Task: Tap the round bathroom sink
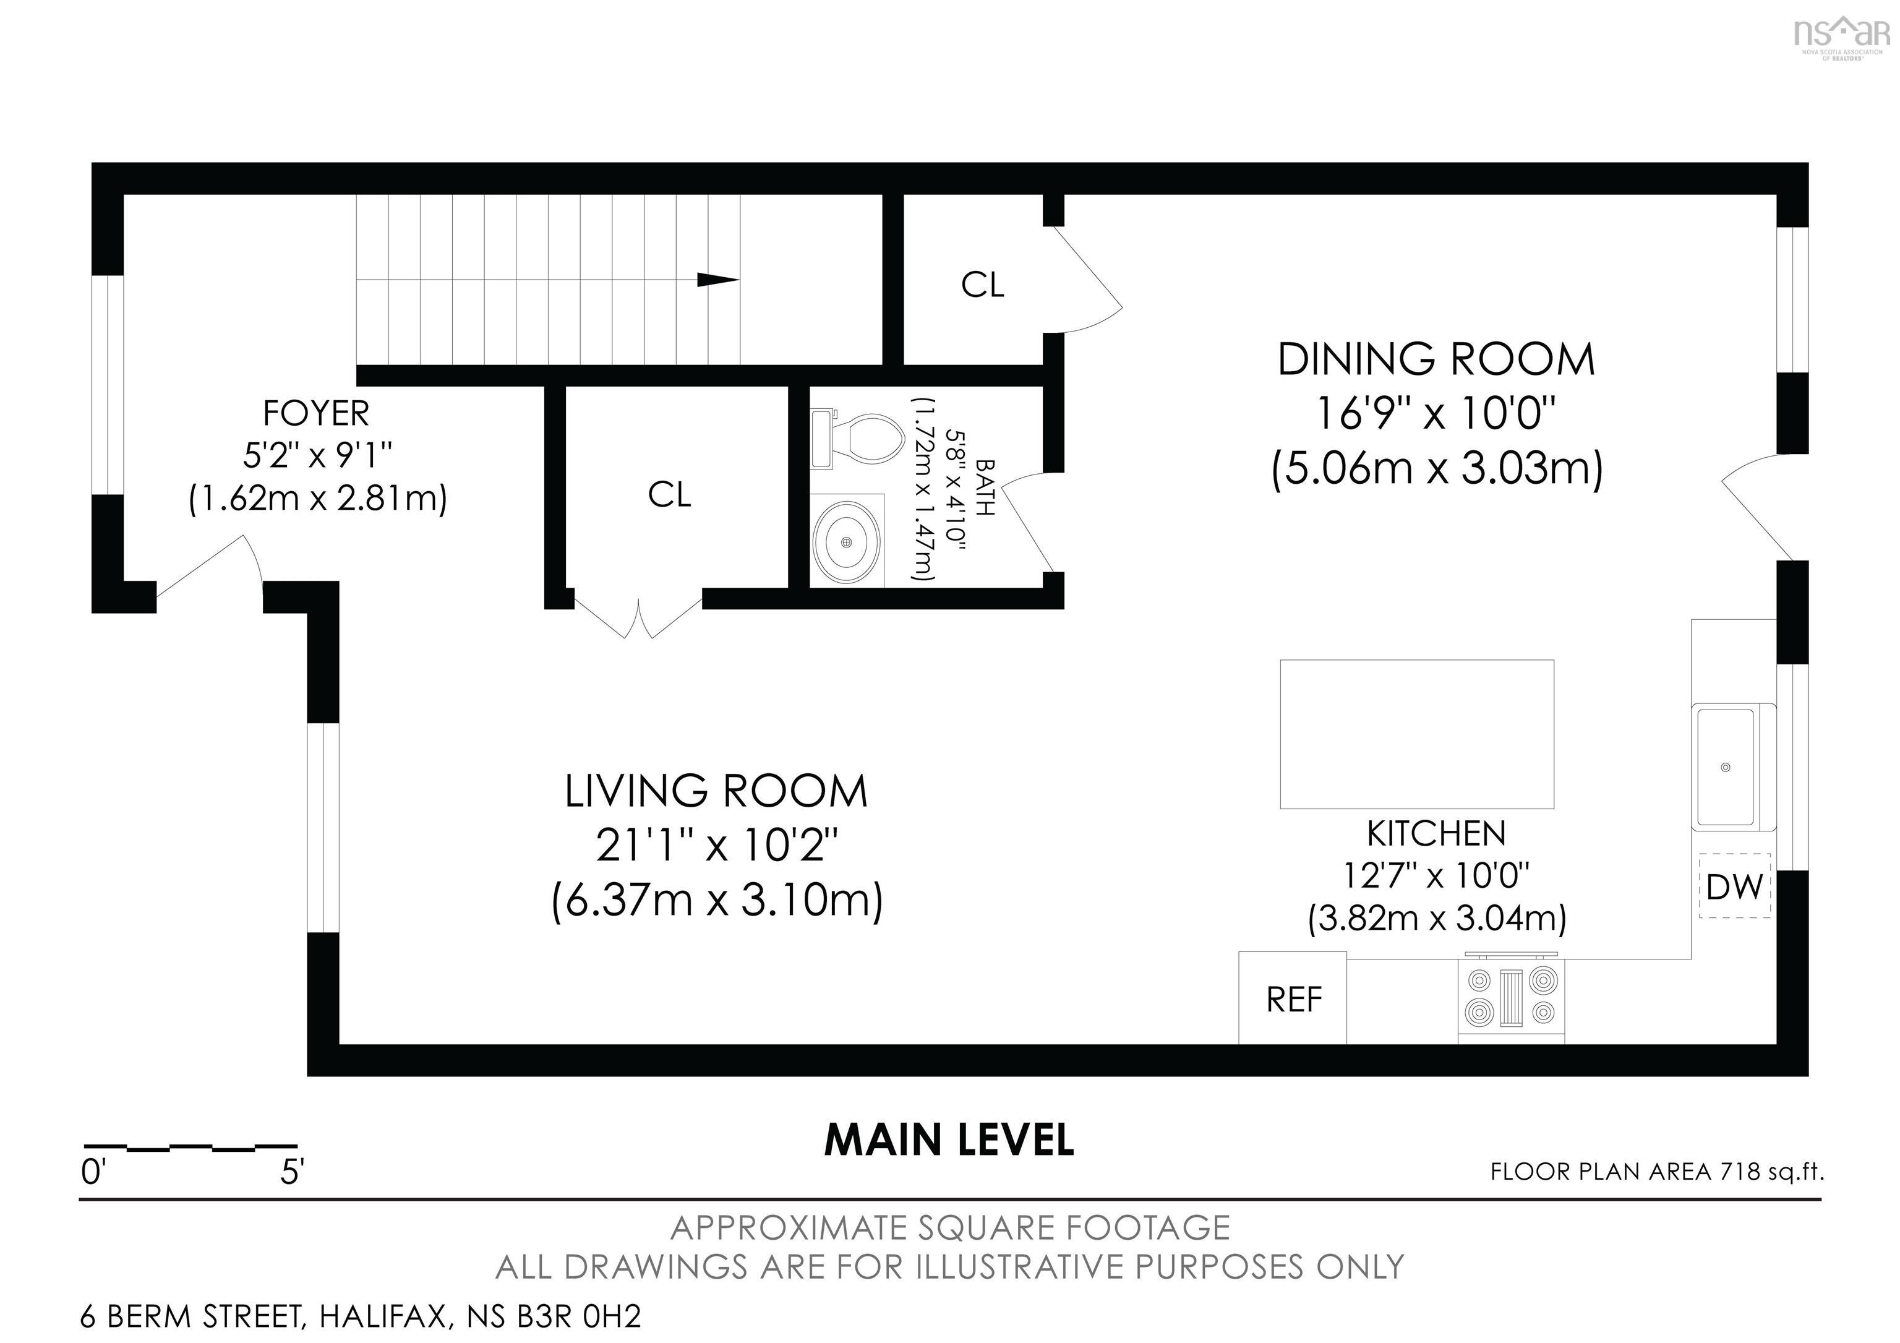[845, 542]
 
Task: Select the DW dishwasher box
[1734, 886]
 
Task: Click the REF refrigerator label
[1293, 1000]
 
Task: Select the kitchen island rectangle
[1416, 733]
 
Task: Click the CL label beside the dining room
[982, 285]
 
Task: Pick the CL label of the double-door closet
[669, 495]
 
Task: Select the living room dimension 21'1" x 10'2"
[717, 846]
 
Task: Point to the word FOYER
[316, 412]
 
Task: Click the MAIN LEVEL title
[949, 1140]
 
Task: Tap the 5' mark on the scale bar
[292, 1172]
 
